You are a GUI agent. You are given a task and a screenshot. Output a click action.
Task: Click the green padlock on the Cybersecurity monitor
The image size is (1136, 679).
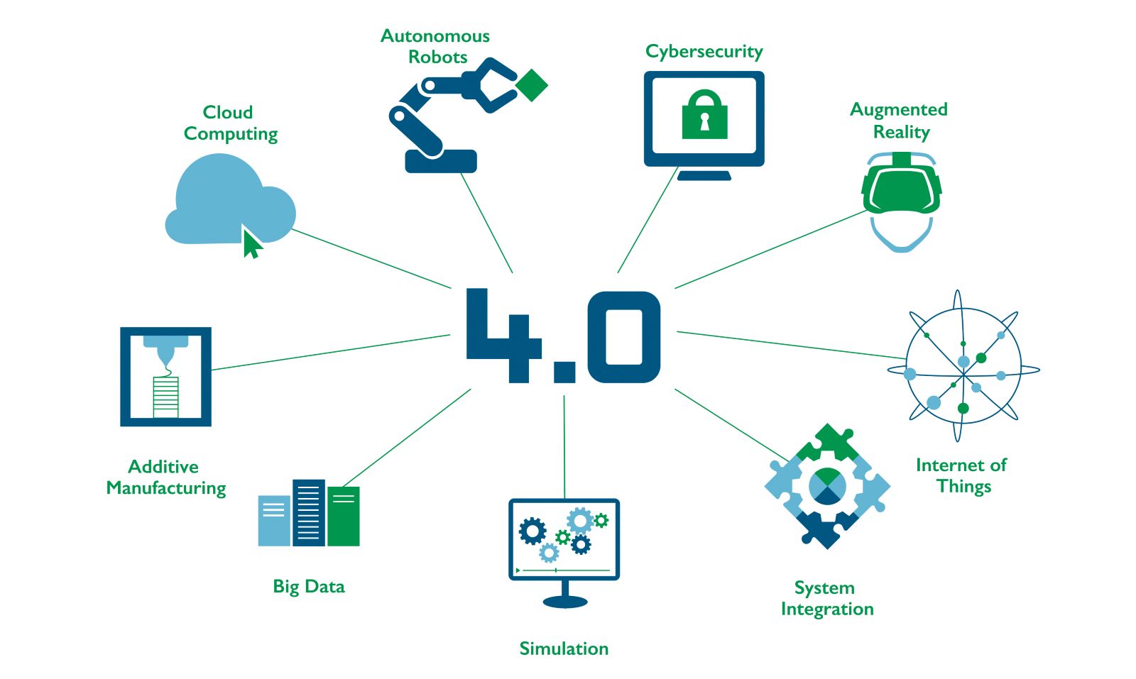click(x=704, y=116)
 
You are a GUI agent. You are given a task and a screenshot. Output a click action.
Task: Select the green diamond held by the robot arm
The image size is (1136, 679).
click(x=531, y=85)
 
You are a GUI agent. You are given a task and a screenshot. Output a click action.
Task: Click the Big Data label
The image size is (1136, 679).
click(x=309, y=587)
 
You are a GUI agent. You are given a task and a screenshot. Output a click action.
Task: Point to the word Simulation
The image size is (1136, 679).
click(x=564, y=648)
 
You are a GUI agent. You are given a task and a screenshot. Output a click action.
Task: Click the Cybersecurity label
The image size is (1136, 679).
click(x=704, y=52)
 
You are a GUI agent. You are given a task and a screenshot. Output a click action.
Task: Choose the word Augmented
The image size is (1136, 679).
click(x=898, y=110)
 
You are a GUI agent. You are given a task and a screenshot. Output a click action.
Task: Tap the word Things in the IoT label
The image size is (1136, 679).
click(x=963, y=487)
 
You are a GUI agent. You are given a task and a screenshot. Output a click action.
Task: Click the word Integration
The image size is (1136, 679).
click(x=827, y=609)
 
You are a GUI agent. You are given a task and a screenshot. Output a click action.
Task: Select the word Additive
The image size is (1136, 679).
click(x=163, y=467)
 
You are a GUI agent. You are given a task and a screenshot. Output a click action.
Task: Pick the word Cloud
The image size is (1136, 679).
click(x=228, y=113)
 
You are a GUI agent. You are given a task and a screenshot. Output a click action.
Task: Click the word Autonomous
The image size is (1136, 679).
click(x=435, y=36)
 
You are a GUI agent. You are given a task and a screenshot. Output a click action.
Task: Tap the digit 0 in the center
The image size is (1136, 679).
click(x=623, y=336)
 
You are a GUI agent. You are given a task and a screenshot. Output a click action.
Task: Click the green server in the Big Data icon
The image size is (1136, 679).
click(x=344, y=517)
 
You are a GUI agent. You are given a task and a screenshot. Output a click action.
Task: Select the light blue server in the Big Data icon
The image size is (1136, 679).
click(x=274, y=521)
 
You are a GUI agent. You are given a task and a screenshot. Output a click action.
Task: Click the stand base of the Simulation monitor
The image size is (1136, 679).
click(x=565, y=602)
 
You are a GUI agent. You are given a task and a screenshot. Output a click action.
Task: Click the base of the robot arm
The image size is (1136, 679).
click(x=441, y=162)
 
